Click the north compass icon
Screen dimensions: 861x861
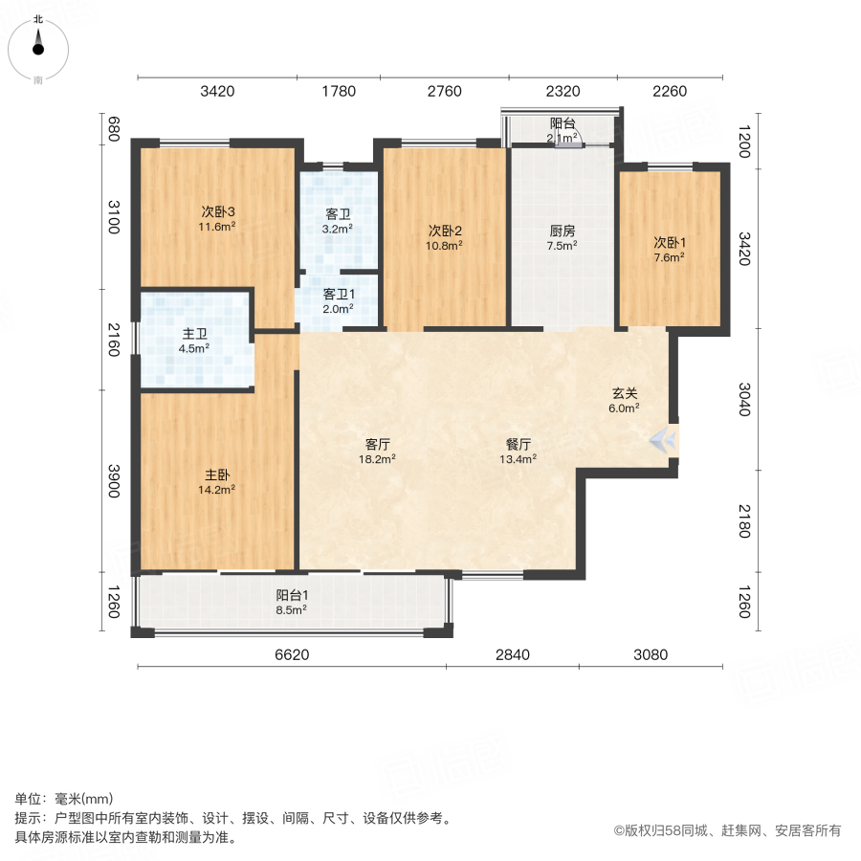(37, 46)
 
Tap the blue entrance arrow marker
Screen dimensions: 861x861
(663, 440)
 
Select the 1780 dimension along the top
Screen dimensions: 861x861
(339, 92)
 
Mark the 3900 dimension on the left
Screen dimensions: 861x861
(113, 481)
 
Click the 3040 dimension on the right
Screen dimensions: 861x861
(744, 400)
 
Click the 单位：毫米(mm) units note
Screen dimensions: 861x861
(63, 800)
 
